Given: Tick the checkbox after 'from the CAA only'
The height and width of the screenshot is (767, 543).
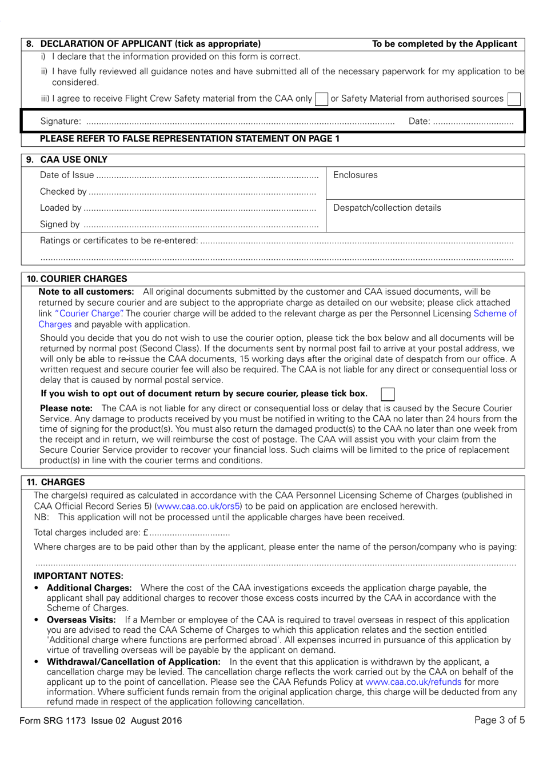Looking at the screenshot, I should pyautogui.click(x=322, y=99).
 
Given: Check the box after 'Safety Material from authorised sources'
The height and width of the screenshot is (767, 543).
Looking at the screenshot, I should pyautogui.click(x=514, y=99).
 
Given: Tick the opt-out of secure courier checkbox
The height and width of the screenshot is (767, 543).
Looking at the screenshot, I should pyautogui.click(x=388, y=394).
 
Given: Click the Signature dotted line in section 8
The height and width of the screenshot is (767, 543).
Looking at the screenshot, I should pyautogui.click(x=240, y=122).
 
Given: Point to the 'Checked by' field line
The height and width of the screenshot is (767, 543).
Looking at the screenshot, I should pyautogui.click(x=202, y=192).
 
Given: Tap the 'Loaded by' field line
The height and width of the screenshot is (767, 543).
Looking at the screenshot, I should pyautogui.click(x=200, y=208).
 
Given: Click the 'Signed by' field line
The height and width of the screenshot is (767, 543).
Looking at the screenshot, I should pyautogui.click(x=200, y=225).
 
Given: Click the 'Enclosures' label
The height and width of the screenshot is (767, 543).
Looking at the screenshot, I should pyautogui.click(x=356, y=175).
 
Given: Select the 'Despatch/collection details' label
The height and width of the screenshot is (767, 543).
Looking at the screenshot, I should pyautogui.click(x=387, y=208).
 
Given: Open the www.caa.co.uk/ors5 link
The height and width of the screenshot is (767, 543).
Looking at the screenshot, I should pyautogui.click(x=198, y=507).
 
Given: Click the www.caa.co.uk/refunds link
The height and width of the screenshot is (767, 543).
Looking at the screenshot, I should pyautogui.click(x=413, y=682).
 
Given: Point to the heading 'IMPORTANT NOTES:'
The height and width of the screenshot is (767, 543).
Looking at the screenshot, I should pyautogui.click(x=78, y=576).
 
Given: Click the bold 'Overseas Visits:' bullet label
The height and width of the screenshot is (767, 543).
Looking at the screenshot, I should pyautogui.click(x=81, y=620).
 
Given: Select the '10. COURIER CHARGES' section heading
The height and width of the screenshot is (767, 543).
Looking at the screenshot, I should pyautogui.click(x=77, y=279).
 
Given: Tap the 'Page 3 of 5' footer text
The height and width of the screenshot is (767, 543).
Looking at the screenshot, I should pyautogui.click(x=499, y=720).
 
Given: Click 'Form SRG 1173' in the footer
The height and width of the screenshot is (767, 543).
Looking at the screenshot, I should pyautogui.click(x=53, y=721).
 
